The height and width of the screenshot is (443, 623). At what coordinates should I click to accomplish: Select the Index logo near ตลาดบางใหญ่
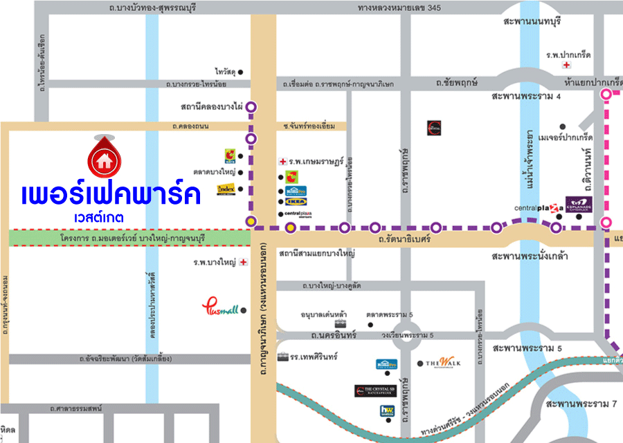coord(226,189)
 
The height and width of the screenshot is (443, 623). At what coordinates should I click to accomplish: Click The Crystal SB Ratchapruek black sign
coord(375,391)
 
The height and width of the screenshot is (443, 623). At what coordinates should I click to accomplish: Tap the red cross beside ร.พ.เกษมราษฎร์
coord(282,161)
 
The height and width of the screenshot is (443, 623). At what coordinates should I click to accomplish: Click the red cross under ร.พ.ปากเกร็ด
coord(566,65)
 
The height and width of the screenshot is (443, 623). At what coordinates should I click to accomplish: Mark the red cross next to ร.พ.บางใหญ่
coord(243,263)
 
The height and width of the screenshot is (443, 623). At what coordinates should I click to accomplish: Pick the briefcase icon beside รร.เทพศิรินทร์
coord(283,357)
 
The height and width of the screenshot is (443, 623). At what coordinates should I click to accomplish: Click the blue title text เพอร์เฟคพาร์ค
coord(111,195)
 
